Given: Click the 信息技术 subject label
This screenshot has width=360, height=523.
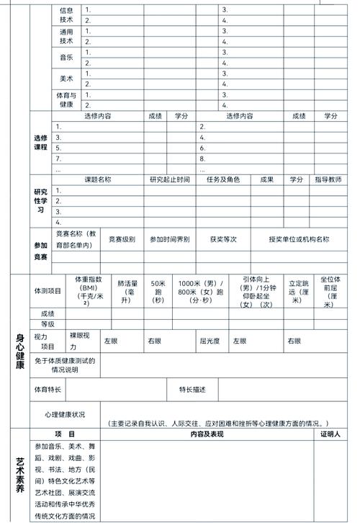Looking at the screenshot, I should point(66,15).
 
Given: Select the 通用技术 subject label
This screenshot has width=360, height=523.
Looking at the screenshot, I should point(66,37).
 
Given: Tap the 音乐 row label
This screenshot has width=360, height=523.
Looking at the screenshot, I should point(66,58).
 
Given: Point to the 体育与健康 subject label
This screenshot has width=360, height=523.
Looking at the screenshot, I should point(66,100).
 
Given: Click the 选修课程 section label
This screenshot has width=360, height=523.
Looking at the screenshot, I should point(40,142).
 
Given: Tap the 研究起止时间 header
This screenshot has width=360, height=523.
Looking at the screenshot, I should point(170,179).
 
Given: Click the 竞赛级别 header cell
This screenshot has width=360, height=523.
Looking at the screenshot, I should point(122,239).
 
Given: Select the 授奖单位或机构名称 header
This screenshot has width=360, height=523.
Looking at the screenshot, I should point(299,239).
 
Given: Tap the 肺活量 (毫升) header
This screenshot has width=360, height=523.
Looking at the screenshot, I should point(127,291).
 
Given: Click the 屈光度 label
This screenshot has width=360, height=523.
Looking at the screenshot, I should point(209,341).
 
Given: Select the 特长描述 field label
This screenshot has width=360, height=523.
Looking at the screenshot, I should point(192,390).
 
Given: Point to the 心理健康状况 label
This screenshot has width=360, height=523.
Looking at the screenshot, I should point(65,415).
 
